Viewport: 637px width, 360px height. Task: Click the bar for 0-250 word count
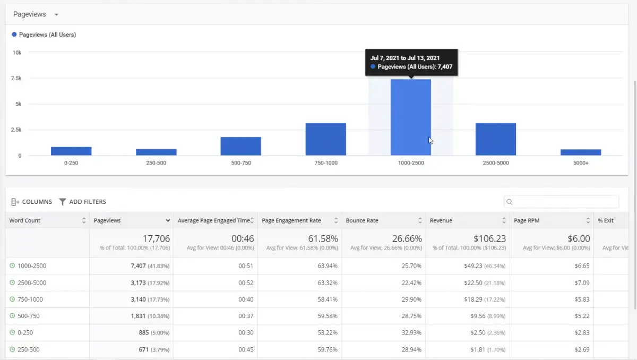[x=71, y=151]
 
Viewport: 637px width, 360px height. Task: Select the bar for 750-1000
[x=325, y=139]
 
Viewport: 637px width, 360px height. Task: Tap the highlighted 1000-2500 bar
[x=411, y=117]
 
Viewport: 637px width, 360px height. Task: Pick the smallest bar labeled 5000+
[x=581, y=152]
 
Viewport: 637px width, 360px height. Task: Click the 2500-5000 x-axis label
[x=496, y=163]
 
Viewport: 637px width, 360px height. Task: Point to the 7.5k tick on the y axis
[x=16, y=78]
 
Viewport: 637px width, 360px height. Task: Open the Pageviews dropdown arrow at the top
[x=56, y=14]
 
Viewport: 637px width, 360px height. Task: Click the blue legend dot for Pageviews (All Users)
[x=14, y=35]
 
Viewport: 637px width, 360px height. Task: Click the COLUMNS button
[x=31, y=202]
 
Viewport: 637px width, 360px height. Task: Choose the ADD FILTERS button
[x=83, y=202]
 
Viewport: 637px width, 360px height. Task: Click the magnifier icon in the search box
[x=509, y=202]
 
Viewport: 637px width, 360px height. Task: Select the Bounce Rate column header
[x=362, y=220]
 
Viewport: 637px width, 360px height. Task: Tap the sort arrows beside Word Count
[x=84, y=220]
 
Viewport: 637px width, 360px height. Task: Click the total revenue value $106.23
[x=489, y=238]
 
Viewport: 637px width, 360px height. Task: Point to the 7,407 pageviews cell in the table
[x=138, y=265]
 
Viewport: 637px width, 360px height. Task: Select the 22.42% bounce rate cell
[x=411, y=282]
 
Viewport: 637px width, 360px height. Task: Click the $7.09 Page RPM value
[x=582, y=282]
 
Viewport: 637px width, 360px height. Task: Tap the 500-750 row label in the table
[x=29, y=316]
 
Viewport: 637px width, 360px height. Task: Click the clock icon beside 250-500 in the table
[x=12, y=349]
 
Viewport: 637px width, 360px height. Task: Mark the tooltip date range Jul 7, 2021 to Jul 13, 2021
[x=405, y=58]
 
